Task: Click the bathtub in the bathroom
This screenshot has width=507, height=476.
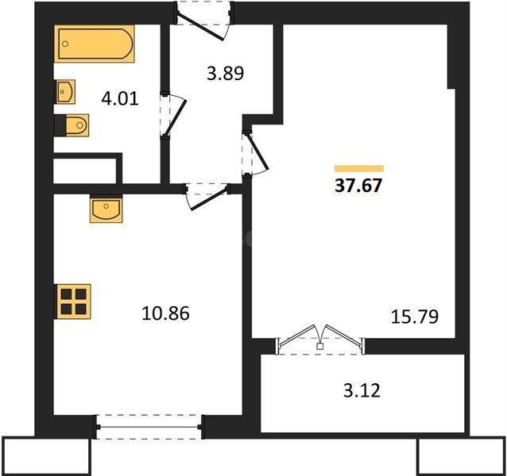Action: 94,44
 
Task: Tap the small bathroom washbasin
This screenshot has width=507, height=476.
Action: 66,92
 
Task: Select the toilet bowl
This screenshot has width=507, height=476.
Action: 77,125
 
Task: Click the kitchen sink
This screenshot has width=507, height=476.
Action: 106,209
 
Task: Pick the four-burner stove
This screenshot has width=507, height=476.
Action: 73,301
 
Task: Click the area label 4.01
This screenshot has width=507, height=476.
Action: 120,98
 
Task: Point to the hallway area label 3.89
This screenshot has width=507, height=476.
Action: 225,73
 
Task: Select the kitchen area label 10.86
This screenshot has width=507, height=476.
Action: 165,313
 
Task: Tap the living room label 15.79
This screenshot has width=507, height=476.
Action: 415,317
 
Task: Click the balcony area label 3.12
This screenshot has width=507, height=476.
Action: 362,390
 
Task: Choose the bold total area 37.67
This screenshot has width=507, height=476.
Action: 358,186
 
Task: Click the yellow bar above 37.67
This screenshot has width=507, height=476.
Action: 359,168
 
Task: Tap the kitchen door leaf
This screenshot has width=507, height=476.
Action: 209,199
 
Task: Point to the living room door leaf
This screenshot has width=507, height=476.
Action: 258,152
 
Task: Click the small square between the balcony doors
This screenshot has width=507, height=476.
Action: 320,347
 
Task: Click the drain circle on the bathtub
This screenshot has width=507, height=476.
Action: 65,44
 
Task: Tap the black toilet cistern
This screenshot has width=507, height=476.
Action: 60,125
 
